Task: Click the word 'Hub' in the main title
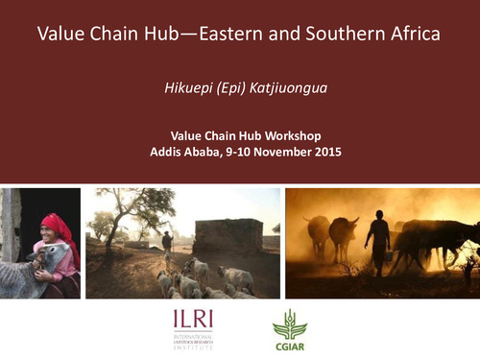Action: [x=157, y=36]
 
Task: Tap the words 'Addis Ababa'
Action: [x=184, y=152]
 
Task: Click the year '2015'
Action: [x=326, y=152]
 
